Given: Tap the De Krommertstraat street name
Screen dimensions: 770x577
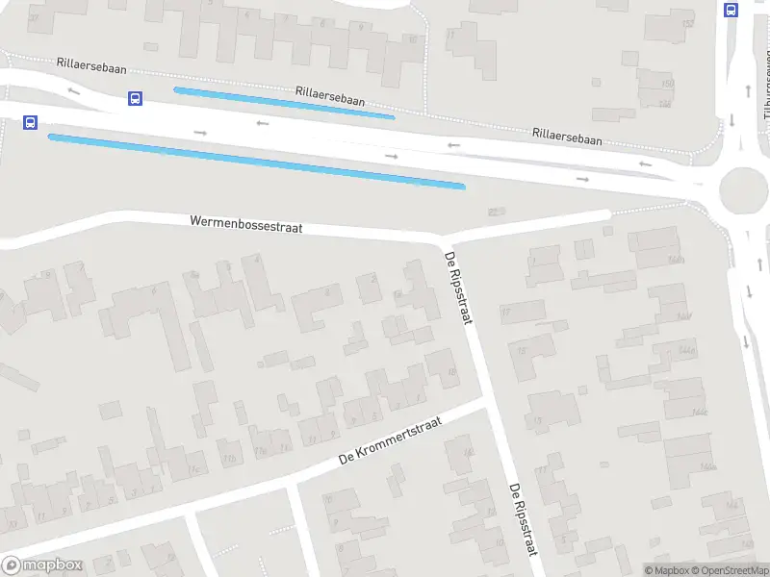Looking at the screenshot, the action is pos(389,445).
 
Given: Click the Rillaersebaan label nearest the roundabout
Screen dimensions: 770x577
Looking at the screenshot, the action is pos(567,137).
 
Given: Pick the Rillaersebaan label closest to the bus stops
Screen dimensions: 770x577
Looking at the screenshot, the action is pos(90,68).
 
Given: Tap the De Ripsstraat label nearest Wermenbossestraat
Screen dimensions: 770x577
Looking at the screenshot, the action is pos(458,287).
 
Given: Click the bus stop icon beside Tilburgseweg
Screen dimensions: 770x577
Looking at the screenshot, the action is pos(731,11).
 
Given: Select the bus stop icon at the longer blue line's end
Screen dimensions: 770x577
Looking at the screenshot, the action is pos(30,123).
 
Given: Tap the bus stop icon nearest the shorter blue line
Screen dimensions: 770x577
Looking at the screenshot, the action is pos(135,98).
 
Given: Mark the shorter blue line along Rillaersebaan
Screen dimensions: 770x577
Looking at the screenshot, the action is pos(284,103).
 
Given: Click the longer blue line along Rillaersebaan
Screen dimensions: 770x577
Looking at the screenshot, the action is pos(257,161).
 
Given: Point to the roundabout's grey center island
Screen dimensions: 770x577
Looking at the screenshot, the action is pos(741,187).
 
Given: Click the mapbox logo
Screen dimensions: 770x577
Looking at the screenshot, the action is pos(40,565).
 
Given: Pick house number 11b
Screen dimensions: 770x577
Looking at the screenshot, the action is pos(228,458).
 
